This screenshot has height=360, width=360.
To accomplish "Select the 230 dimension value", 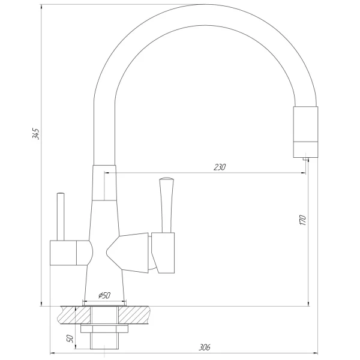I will click(220, 167).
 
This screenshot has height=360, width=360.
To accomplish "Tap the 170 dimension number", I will click(303, 220).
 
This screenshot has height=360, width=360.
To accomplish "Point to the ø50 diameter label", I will click(104, 295).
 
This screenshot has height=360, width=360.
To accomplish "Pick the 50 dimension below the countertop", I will click(68, 339).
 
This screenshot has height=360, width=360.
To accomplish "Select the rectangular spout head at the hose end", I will click(305, 130).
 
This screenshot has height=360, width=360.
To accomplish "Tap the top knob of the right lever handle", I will click(166, 179).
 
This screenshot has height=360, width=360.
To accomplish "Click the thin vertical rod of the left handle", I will click(61, 216).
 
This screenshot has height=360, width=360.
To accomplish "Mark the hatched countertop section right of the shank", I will click(140, 314).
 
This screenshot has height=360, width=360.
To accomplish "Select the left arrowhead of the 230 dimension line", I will click(107, 173).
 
